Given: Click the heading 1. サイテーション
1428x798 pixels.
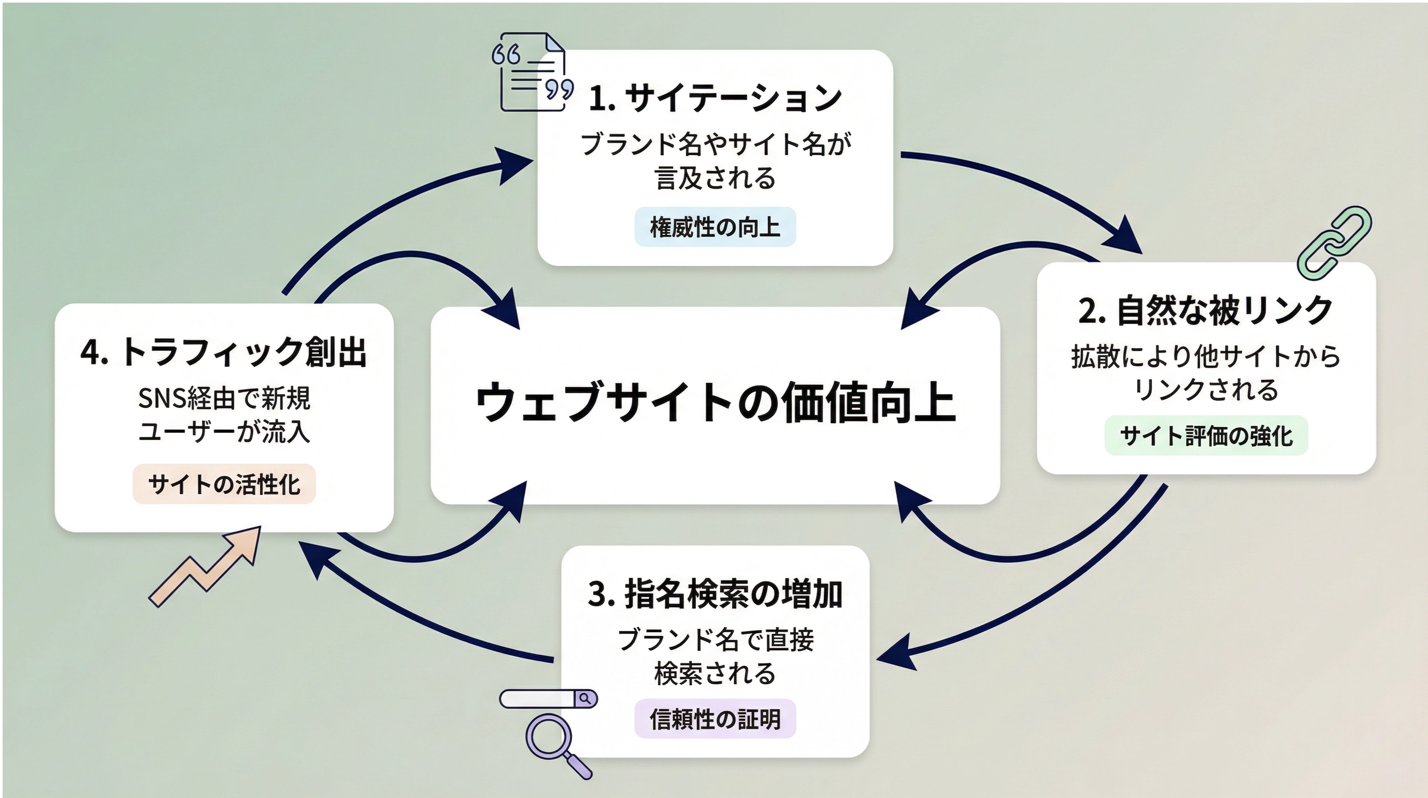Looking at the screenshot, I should click(x=715, y=98).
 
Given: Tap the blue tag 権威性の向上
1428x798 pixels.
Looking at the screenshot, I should click(x=715, y=227).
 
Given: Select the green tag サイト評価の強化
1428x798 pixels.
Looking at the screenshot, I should click(x=1206, y=436).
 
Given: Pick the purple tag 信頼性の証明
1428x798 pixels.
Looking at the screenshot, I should click(x=715, y=719).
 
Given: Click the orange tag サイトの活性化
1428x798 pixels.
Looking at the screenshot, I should click(x=224, y=484).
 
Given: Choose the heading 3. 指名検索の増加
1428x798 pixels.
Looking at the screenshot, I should click(x=715, y=594).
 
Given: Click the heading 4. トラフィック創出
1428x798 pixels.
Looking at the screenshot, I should click(x=224, y=352).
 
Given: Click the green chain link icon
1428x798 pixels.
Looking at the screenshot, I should click(x=1335, y=243).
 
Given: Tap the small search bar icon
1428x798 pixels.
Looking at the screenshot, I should click(x=548, y=699).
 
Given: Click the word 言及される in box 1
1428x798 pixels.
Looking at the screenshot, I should click(x=715, y=179).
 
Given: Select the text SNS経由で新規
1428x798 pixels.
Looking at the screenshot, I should click(x=224, y=398).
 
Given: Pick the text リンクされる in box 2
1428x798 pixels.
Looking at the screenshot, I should click(x=1206, y=390).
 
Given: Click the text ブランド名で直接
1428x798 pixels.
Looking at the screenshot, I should click(x=715, y=640).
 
